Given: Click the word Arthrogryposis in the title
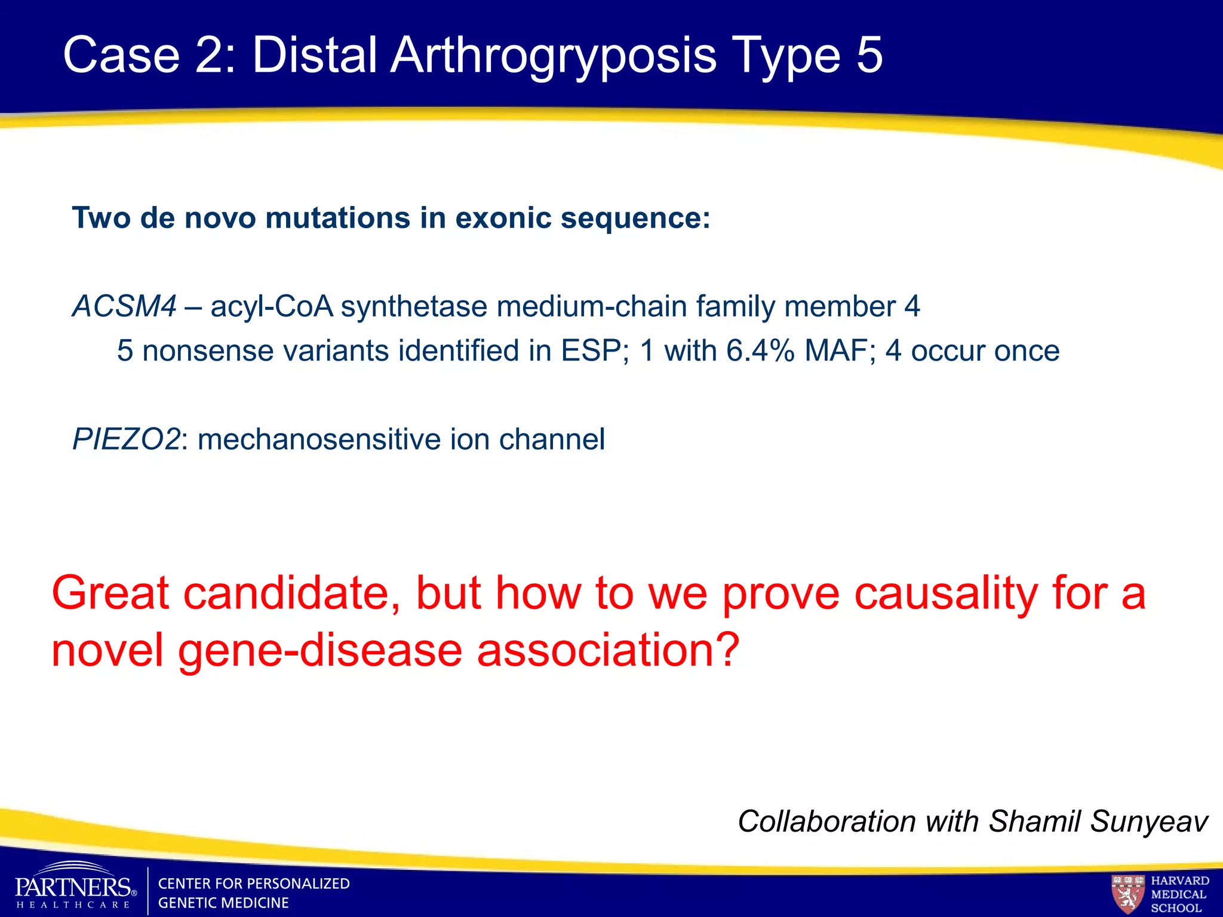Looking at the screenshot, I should pyautogui.click(x=553, y=56).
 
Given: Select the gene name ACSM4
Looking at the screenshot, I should pyautogui.click(x=124, y=307).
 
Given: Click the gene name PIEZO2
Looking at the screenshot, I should pyautogui.click(x=126, y=440).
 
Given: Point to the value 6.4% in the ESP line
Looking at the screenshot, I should pyautogui.click(x=760, y=351).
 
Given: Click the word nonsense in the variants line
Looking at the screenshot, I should pyautogui.click(x=207, y=351).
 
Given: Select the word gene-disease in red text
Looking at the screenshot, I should pyautogui.click(x=320, y=651).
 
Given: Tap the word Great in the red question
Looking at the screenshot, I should pyautogui.click(x=111, y=593).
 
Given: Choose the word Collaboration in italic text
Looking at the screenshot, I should pyautogui.click(x=827, y=821).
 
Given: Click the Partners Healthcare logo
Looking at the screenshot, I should pyautogui.click(x=75, y=888).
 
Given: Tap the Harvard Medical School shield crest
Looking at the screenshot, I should pyautogui.click(x=1127, y=893).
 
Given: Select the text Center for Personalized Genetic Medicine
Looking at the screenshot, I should pyautogui.click(x=253, y=893).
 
